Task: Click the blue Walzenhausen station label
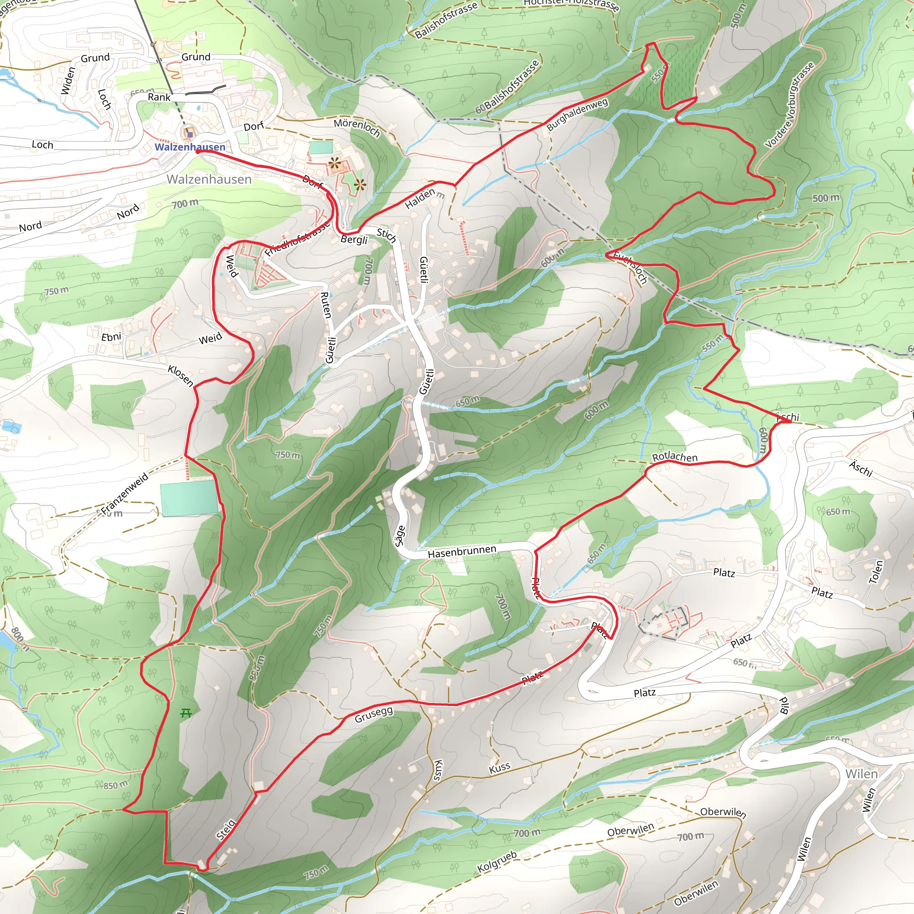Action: pyautogui.click(x=190, y=147)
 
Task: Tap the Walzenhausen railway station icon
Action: pyautogui.click(x=190, y=134)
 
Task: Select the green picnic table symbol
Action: pyautogui.click(x=186, y=712)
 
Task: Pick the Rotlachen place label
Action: pyautogui.click(x=675, y=457)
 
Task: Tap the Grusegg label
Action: pyautogui.click(x=374, y=715)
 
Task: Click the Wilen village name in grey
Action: pyautogui.click(x=861, y=773)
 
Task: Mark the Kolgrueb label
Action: pyautogui.click(x=497, y=861)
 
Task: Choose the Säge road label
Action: pyautogui.click(x=400, y=536)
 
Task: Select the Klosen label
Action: pyautogui.click(x=180, y=376)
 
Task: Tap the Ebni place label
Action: pyautogui.click(x=111, y=337)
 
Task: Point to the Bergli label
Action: pyautogui.click(x=354, y=239)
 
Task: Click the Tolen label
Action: pyautogui.click(x=877, y=573)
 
